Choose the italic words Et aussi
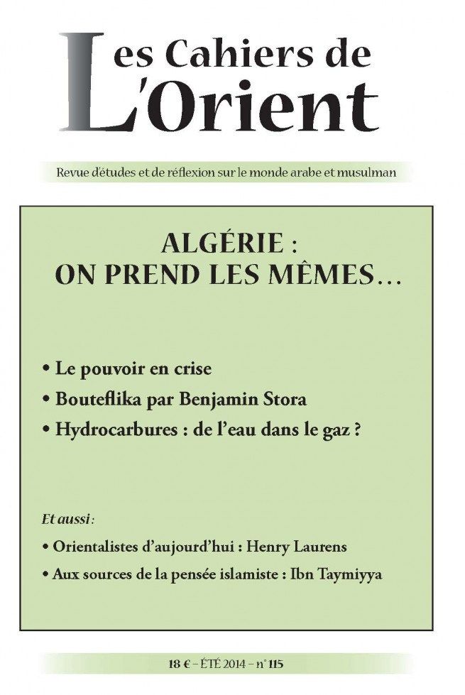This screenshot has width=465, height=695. (68, 520)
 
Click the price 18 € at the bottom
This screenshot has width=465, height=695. (173, 664)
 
